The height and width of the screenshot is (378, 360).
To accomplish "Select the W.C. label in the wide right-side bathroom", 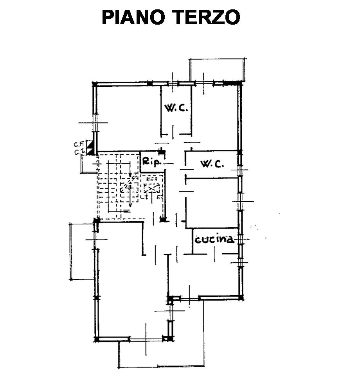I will (x=212, y=164).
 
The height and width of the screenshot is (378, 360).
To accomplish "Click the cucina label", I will (x=214, y=240).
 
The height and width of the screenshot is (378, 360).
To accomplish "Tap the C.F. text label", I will (x=77, y=144).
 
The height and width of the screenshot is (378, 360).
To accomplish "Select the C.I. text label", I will (x=77, y=152).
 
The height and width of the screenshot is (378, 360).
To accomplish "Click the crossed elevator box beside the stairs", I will (x=151, y=189).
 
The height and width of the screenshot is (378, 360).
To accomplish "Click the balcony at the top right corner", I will (x=218, y=70).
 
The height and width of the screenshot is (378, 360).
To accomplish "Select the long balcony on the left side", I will (x=82, y=251).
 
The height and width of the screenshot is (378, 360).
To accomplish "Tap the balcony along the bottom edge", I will (x=160, y=354).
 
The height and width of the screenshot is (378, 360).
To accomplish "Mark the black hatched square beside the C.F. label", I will (x=90, y=144).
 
